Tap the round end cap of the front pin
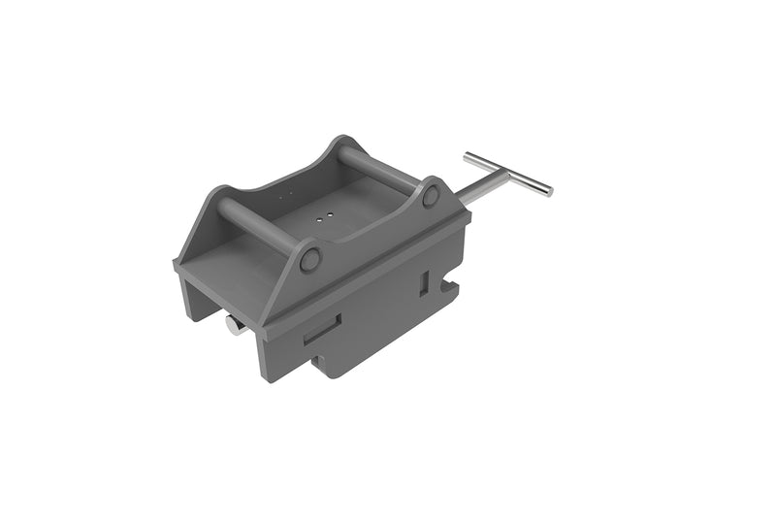(310, 259)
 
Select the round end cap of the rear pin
(431, 195)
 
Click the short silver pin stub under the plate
(234, 325)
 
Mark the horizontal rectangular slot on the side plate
(322, 330)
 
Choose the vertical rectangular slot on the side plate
(424, 282)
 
